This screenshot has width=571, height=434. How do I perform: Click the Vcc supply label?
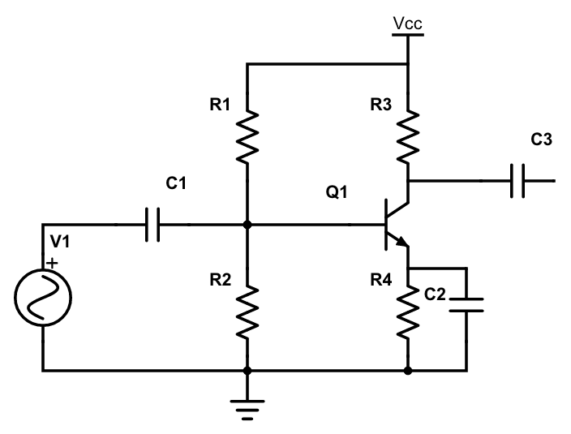tap(407, 24)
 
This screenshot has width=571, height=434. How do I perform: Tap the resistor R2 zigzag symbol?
tap(247, 312)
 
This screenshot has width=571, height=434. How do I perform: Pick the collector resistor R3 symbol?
tap(407, 133)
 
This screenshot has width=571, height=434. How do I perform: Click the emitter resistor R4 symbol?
tap(407, 312)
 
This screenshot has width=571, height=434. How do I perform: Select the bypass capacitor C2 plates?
tap(466, 303)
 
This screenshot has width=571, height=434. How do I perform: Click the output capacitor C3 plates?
tap(519, 181)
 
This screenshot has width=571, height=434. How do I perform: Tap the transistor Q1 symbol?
tap(393, 225)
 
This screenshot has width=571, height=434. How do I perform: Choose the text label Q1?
tap(336, 193)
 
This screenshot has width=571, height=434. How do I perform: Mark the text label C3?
tap(541, 140)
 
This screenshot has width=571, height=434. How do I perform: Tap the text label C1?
tap(176, 185)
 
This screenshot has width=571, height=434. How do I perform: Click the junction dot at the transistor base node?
tap(247, 225)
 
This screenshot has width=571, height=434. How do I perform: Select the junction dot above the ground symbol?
tap(247, 371)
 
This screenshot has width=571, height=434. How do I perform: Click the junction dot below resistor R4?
tap(407, 371)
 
